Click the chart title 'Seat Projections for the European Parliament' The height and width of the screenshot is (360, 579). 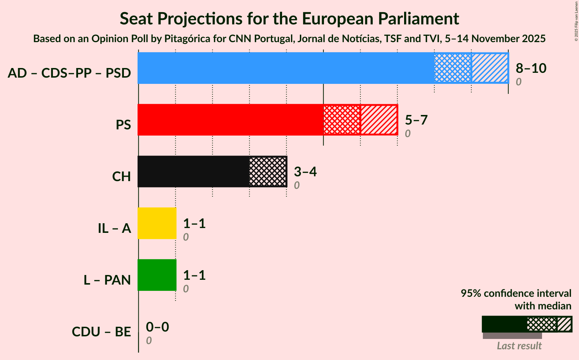289,18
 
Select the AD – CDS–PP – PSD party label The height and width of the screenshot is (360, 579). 69,73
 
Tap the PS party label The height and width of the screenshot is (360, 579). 123,125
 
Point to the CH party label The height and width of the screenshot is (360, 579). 121,177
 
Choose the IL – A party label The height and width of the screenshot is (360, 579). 114,228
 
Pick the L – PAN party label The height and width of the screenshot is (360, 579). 107,280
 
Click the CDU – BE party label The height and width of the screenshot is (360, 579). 101,332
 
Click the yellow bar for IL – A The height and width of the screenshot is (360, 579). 157,223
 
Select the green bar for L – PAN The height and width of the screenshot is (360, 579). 157,275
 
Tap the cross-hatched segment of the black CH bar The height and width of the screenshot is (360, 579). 268,171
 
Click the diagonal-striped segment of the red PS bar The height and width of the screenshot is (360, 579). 379,120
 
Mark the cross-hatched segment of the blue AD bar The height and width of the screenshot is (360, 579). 453,68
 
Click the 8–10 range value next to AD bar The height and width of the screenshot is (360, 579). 531,68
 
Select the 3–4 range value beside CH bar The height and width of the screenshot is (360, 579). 305,171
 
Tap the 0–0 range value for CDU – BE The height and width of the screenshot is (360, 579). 158,327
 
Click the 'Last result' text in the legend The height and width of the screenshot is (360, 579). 519,346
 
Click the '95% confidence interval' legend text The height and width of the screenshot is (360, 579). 516,293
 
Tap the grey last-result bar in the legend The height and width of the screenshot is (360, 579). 512,336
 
